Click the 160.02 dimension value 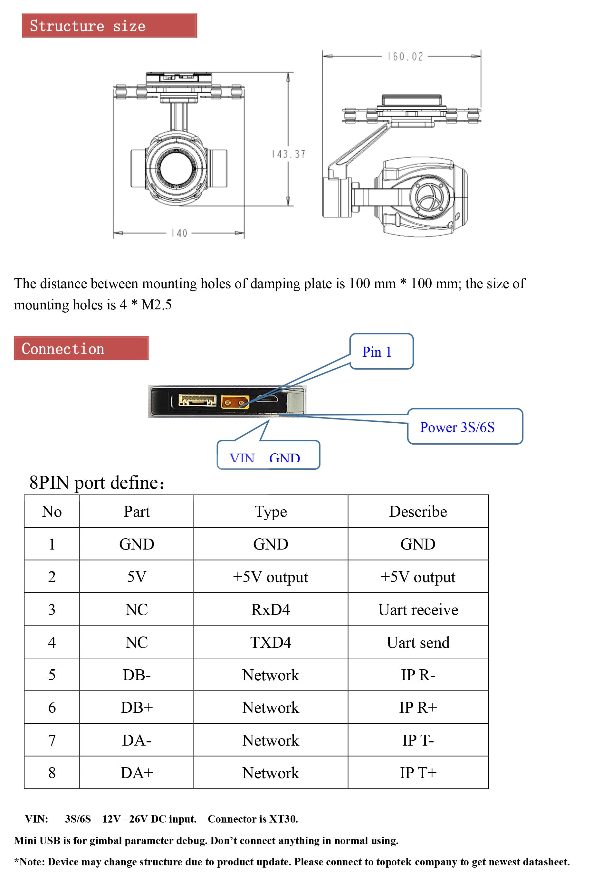[x=405, y=57]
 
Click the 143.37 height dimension [x=288, y=154]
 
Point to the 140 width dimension [x=179, y=233]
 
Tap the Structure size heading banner [x=109, y=26]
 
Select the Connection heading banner [x=81, y=348]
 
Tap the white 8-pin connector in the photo [x=197, y=401]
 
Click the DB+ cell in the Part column [x=137, y=707]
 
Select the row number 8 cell [x=52, y=773]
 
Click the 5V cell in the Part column [x=137, y=577]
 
